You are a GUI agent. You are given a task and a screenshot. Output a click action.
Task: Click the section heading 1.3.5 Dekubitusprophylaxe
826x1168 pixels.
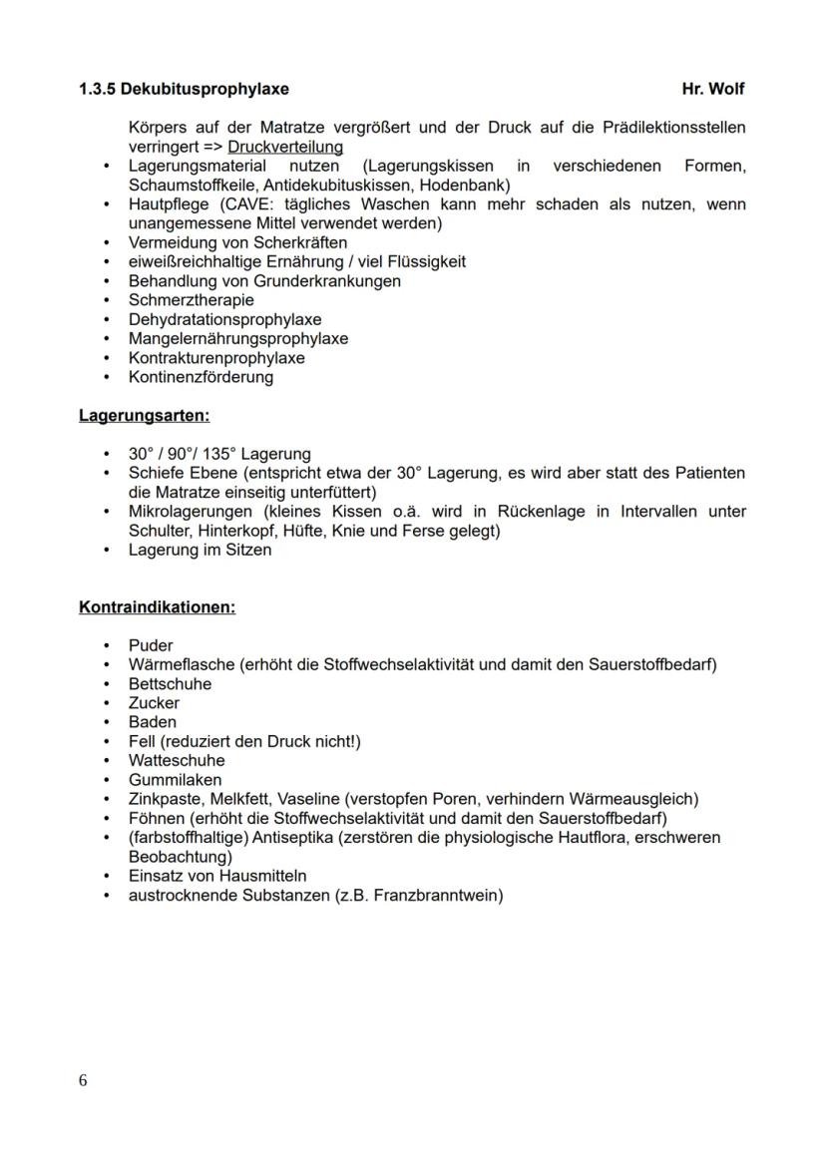(184, 89)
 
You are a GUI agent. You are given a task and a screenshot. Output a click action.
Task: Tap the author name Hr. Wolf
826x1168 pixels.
(712, 89)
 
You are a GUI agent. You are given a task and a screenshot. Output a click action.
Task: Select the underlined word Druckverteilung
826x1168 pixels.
(285, 148)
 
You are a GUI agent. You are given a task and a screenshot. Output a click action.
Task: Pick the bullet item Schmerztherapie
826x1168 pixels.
(191, 300)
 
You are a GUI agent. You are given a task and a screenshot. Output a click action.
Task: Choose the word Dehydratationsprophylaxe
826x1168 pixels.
(224, 319)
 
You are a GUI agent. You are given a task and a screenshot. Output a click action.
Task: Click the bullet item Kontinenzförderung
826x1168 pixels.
(201, 377)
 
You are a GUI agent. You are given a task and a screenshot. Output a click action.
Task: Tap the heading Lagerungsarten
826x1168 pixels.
(145, 416)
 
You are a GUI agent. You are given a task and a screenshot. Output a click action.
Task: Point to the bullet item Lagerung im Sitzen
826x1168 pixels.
(200, 550)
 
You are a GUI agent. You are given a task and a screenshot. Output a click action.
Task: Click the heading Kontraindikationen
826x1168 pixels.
(158, 607)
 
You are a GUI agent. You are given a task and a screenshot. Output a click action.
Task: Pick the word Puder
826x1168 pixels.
(151, 645)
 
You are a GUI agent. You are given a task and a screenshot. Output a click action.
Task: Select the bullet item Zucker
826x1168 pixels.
(154, 703)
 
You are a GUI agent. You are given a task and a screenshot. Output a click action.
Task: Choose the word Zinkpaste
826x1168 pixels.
(164, 799)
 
